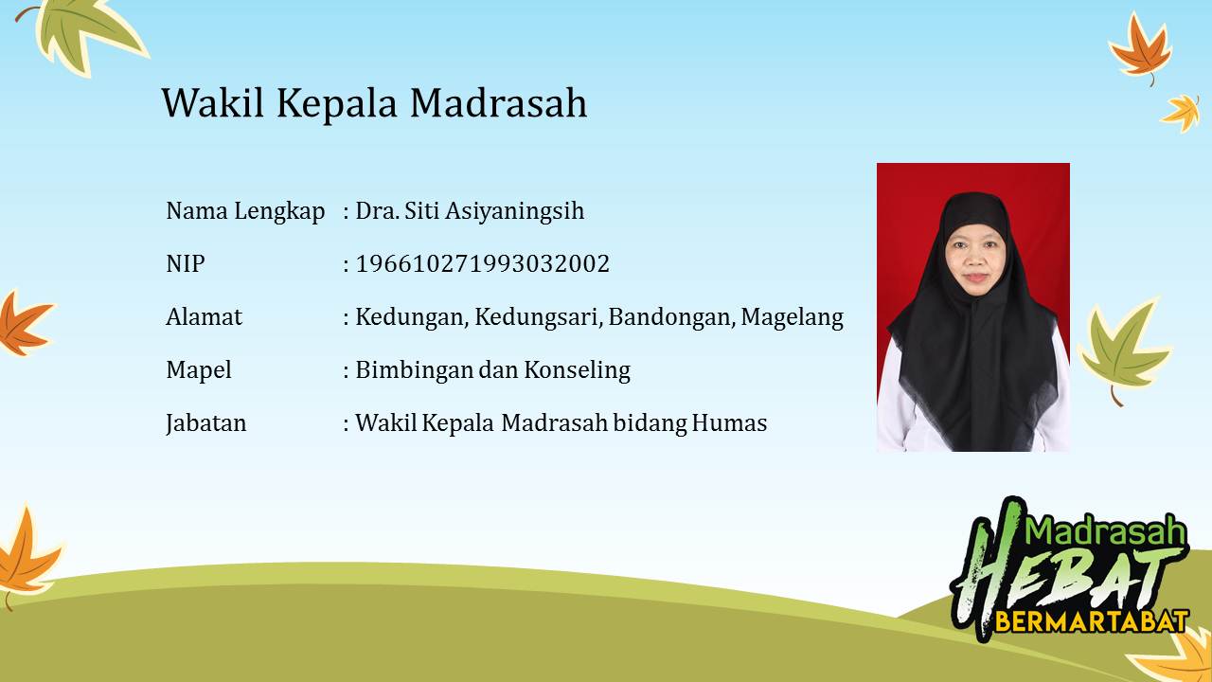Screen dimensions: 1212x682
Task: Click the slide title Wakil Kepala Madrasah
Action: (x=374, y=103)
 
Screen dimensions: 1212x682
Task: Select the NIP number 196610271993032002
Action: (x=483, y=263)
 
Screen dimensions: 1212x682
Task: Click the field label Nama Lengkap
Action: (x=245, y=211)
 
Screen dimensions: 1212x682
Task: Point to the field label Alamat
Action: (x=204, y=316)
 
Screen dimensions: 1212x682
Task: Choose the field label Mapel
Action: (x=199, y=370)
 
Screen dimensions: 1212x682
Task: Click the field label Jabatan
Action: (x=206, y=423)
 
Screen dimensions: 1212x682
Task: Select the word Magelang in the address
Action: (x=793, y=317)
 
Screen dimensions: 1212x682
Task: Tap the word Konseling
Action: (x=577, y=370)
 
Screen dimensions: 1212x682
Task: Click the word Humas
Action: (x=729, y=422)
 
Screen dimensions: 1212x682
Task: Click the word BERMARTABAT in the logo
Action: (x=1092, y=621)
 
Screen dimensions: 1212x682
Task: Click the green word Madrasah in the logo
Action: (x=1105, y=530)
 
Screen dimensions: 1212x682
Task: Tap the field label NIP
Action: (x=186, y=264)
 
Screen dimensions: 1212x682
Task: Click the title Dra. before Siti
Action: (x=377, y=211)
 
